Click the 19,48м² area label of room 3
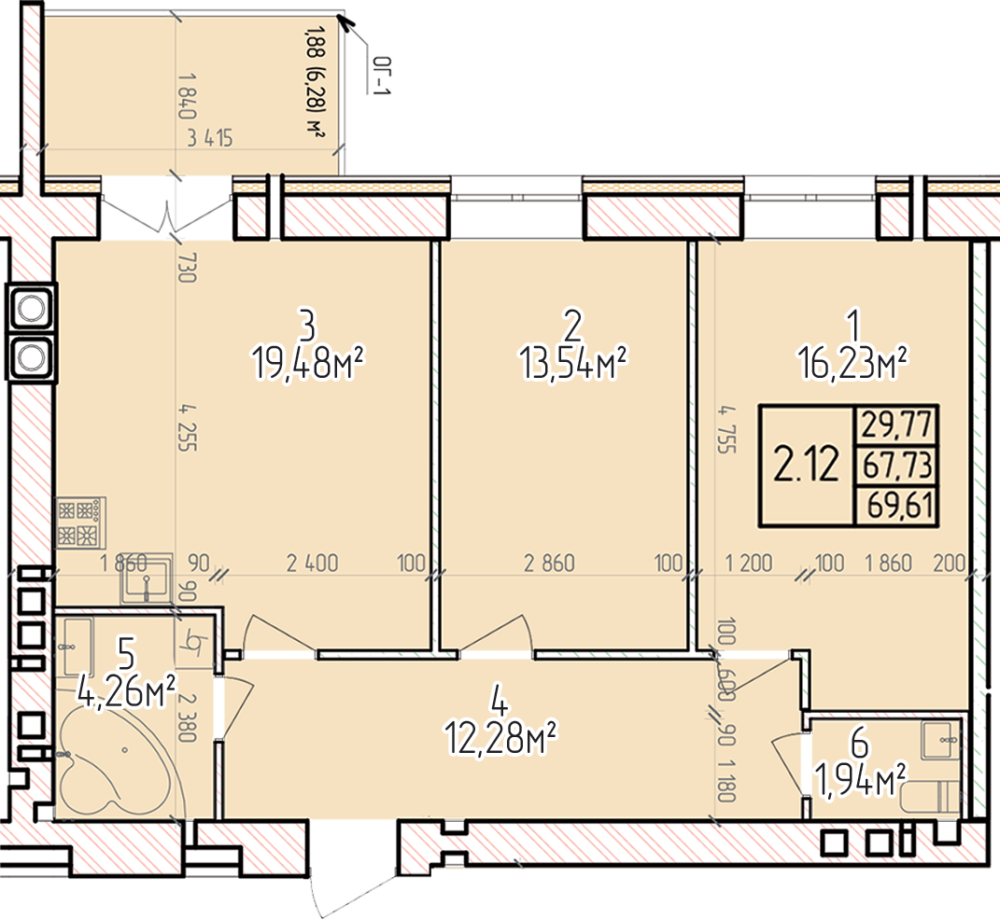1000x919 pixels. tap(308, 363)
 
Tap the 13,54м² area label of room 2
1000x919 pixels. tap(573, 363)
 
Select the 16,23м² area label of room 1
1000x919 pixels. tap(852, 363)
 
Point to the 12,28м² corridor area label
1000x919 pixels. tap(500, 739)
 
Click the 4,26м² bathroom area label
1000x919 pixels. tap(126, 691)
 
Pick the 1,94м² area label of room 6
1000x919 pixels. tap(860, 780)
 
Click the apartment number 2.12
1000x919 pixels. tap(806, 465)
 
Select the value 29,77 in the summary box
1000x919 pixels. tap(896, 425)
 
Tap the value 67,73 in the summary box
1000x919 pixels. tap(896, 466)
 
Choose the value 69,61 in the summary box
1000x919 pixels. tap(900, 506)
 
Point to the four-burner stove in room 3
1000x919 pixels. tap(80, 523)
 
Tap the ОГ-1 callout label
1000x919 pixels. tap(381, 77)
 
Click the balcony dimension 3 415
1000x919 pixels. tap(210, 138)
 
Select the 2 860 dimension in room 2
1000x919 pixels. tap(549, 563)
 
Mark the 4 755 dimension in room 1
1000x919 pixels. tap(727, 429)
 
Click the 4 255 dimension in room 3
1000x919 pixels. tap(187, 427)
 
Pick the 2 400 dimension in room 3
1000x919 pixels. tap(313, 563)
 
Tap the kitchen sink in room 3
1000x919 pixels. tap(148, 578)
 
